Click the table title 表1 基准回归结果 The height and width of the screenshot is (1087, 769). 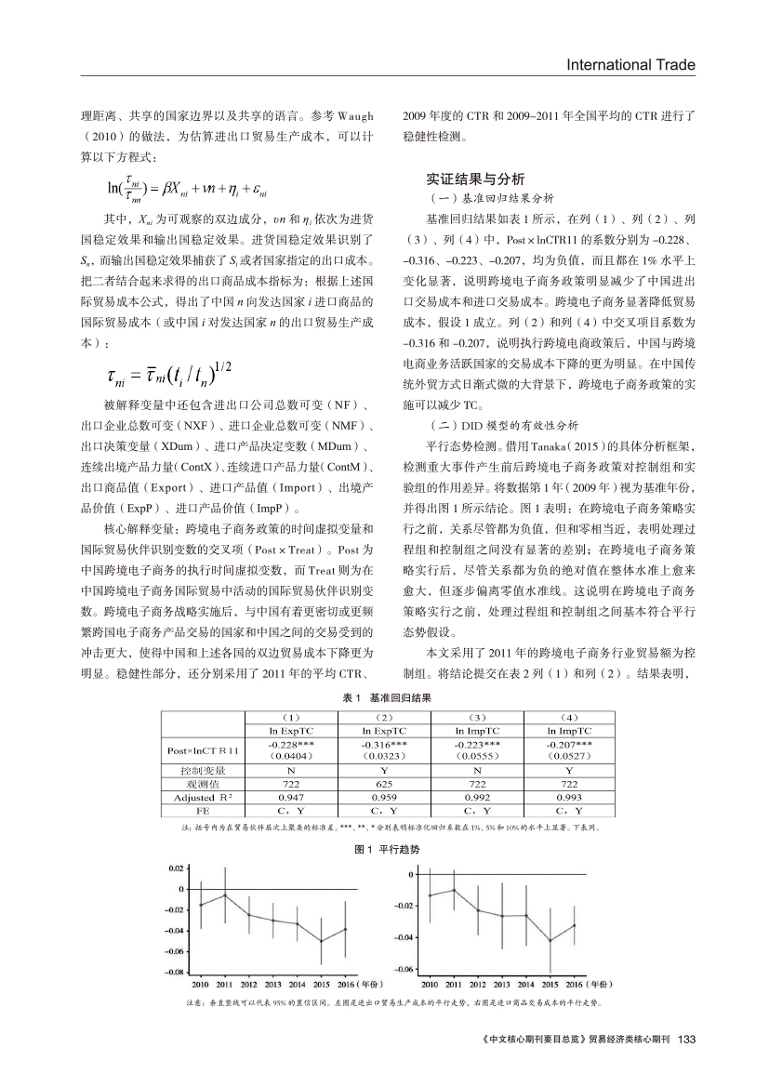point(385,696)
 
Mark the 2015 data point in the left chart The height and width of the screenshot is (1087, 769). point(321,940)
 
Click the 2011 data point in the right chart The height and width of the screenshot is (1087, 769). point(453,890)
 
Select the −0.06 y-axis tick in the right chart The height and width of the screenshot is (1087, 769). point(404,969)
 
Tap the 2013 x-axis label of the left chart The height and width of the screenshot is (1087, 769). point(272,983)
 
